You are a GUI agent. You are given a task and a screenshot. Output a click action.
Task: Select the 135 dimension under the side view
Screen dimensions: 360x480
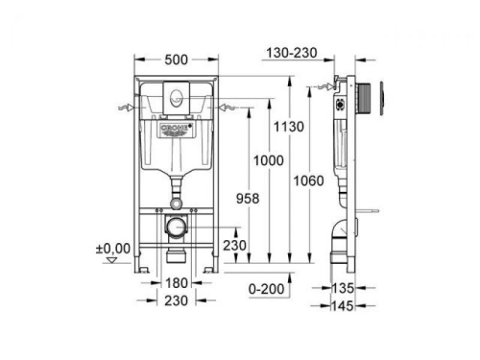[345, 287]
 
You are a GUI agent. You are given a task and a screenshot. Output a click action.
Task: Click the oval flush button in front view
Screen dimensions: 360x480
[176, 96]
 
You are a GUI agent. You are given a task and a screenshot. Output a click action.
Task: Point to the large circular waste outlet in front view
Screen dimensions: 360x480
[177, 228]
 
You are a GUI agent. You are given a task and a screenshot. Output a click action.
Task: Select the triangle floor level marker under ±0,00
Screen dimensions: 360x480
[118, 258]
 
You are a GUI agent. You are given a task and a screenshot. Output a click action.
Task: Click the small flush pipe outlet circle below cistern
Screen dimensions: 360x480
[177, 200]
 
